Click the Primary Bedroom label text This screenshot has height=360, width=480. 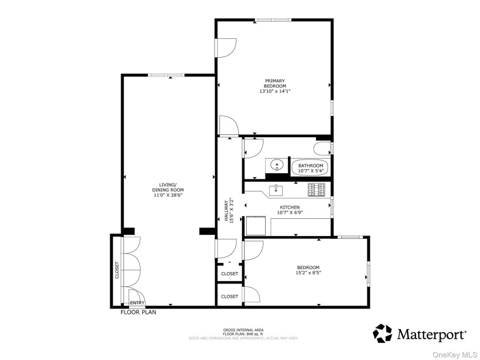tap(274, 83)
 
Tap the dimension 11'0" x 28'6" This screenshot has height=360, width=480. tap(167, 195)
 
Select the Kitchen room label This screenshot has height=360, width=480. tap(290, 207)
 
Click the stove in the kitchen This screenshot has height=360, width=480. tap(316, 189)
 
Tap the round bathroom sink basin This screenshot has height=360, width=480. tap(277, 165)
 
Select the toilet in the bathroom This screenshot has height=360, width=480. tap(322, 149)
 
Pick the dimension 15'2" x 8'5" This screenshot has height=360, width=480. tap(308, 273)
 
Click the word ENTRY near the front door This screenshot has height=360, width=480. tap(137, 303)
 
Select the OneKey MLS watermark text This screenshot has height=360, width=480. tap(454, 354)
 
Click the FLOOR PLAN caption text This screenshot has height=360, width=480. tap(138, 313)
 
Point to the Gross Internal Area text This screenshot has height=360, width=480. tap(243, 330)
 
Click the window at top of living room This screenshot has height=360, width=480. tap(166, 74)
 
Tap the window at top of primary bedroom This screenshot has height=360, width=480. tap(273, 21)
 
